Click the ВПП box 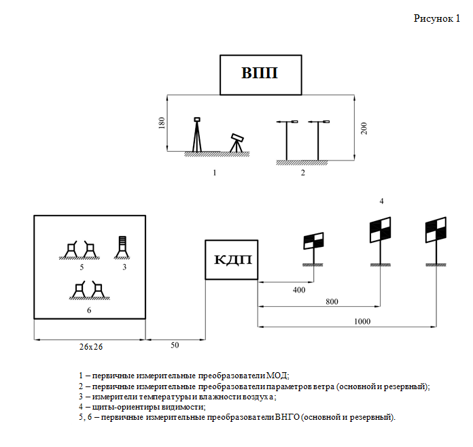[x=260, y=73]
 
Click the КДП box [x=231, y=260]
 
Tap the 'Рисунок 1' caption [x=437, y=18]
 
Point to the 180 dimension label [x=162, y=125]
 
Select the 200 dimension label [x=364, y=129]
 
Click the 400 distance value [x=299, y=290]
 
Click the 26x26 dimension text [x=90, y=346]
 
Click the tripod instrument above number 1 [x=197, y=135]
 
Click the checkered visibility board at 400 [x=313, y=240]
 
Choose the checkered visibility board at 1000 [x=435, y=231]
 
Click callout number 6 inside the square [x=89, y=310]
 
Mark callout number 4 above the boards [x=381, y=201]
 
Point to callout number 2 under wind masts [x=303, y=173]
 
